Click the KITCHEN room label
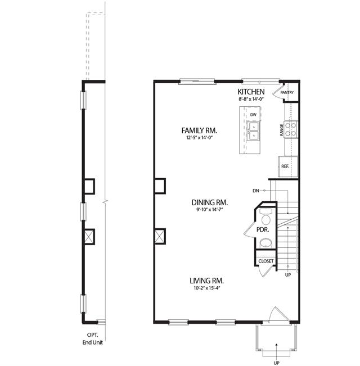click(x=251, y=92)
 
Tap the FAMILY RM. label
click(x=199, y=130)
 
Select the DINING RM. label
click(x=210, y=202)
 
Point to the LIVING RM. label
click(x=206, y=281)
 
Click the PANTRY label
click(x=287, y=92)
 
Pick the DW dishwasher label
click(x=253, y=115)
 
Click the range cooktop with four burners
click(x=291, y=129)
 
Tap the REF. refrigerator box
click(x=288, y=166)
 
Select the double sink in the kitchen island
click(x=254, y=130)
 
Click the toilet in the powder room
click(x=266, y=216)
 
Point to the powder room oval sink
click(x=266, y=243)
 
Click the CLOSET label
click(x=266, y=261)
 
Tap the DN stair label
click(x=256, y=191)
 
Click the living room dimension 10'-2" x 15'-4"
click(x=207, y=288)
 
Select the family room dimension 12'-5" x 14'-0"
click(x=199, y=138)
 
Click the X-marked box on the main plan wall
click(x=160, y=236)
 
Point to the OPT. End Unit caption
click(x=93, y=338)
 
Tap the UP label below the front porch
click(x=276, y=363)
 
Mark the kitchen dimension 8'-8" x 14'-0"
click(x=251, y=99)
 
